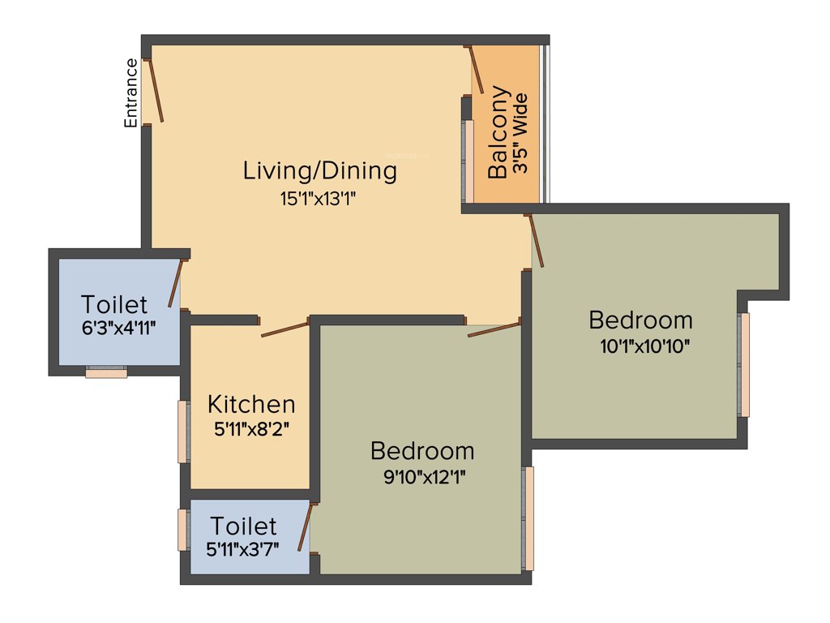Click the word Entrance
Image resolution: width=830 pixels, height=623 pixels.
(130, 92)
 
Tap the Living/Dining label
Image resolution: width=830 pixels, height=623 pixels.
(320, 171)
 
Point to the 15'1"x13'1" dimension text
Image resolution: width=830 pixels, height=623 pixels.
(319, 199)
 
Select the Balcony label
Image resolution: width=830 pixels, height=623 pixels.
(497, 131)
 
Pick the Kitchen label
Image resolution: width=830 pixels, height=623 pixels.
(250, 404)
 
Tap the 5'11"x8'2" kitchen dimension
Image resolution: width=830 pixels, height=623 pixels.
(251, 429)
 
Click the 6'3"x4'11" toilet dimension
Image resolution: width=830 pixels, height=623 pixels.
(118, 328)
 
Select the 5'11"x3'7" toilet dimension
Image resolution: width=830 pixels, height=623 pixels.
(243, 548)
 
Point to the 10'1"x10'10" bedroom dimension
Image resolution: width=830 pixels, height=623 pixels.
(645, 346)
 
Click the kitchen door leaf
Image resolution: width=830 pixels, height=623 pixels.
(285, 329)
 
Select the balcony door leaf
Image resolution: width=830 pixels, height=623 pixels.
(476, 69)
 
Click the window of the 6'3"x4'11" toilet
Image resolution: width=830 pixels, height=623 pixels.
(106, 372)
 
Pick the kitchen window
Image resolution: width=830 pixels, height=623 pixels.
(183, 431)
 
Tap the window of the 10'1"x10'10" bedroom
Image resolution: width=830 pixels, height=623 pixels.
(744, 364)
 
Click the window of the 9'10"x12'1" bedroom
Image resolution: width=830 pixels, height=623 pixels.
(528, 518)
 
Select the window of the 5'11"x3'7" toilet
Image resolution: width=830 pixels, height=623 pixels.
(183, 531)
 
